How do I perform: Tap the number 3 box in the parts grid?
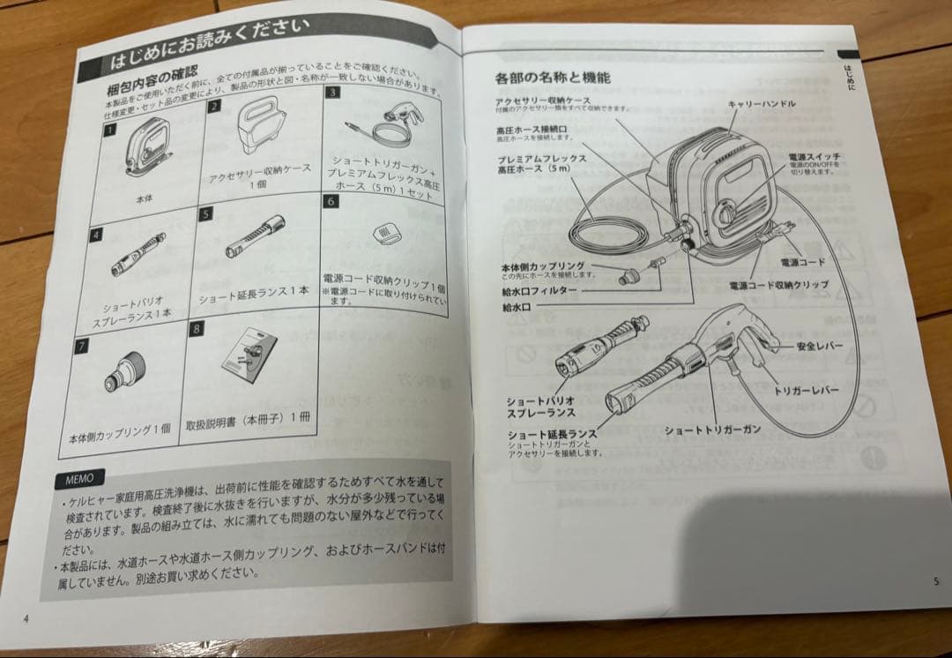tap(333, 93)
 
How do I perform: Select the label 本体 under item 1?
tap(145, 199)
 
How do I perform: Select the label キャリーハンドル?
tap(762, 104)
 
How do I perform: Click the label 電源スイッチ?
tap(814, 156)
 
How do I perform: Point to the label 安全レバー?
tap(820, 346)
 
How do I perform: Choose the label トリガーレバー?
tap(805, 389)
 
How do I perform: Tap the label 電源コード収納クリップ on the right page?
tap(778, 286)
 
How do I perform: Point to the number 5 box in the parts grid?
tap(205, 213)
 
